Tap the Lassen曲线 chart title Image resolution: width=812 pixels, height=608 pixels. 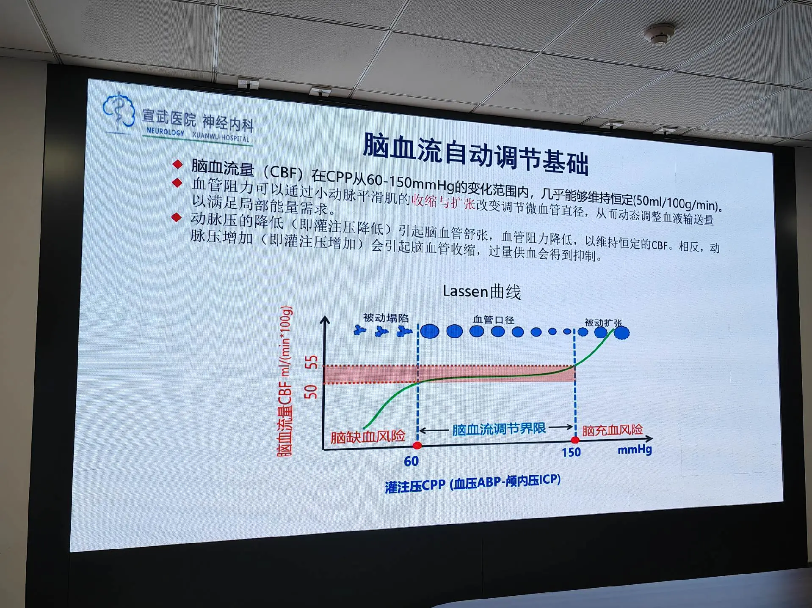click(482, 292)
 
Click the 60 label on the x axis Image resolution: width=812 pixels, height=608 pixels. click(411, 461)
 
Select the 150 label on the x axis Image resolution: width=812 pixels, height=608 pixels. click(571, 452)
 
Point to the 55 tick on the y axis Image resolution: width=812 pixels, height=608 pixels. click(311, 362)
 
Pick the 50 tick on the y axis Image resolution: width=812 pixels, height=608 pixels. click(311, 392)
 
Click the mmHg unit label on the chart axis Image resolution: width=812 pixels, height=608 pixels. click(635, 449)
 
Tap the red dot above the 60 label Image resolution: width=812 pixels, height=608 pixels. click(417, 445)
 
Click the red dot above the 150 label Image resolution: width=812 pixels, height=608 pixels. click(575, 440)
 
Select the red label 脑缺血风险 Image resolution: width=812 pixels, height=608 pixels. click(367, 436)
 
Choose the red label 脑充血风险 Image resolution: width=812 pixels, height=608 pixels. click(612, 430)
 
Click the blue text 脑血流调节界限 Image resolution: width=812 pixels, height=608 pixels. click(499, 429)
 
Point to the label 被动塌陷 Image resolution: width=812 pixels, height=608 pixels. click(386, 318)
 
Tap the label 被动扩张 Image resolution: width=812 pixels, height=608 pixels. click(603, 323)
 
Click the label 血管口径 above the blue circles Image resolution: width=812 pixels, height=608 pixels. click(494, 320)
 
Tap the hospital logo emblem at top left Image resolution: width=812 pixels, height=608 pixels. click(119, 110)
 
